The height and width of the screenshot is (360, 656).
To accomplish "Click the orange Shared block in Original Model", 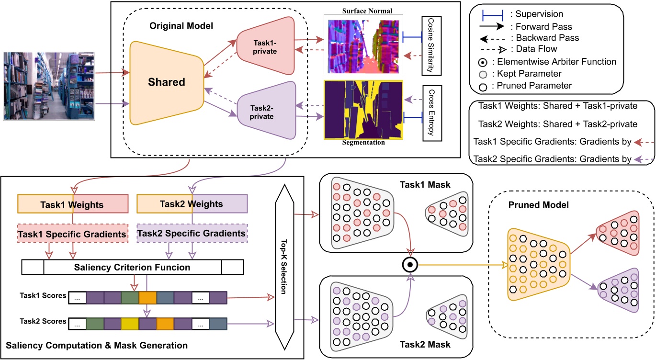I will [166, 82].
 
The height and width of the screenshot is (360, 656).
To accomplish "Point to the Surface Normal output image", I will [364, 45].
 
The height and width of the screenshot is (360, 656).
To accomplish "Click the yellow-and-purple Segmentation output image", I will [364, 110].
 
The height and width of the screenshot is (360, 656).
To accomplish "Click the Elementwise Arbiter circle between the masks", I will [410, 264].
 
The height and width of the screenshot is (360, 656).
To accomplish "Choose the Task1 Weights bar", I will [73, 204].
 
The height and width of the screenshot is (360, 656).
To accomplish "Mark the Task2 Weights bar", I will [192, 204].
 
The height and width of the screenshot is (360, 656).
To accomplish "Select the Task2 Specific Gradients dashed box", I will [192, 233].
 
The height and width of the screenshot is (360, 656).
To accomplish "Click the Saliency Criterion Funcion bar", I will [133, 267].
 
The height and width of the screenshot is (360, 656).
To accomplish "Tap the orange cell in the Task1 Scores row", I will [147, 297].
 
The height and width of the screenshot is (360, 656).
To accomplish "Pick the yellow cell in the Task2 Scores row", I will [130, 324].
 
